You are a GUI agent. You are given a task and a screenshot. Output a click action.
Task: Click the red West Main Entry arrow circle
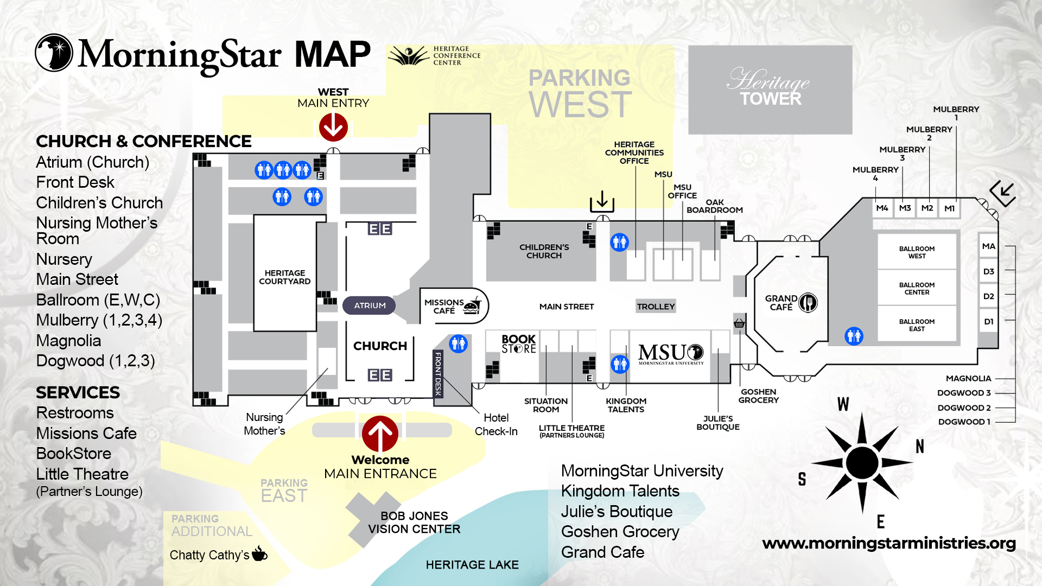point(333,127)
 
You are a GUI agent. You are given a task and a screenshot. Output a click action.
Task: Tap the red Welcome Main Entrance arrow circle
point(380,434)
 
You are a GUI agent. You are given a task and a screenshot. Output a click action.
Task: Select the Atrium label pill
point(370,305)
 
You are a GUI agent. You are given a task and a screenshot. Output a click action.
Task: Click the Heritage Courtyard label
point(284,277)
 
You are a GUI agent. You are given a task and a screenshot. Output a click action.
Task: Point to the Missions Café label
point(444,307)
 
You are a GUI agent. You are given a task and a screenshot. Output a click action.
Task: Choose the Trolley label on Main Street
point(656,307)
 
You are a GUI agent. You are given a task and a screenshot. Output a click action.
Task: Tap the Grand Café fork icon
point(808,302)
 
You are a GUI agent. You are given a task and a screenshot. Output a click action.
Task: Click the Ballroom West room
point(917,252)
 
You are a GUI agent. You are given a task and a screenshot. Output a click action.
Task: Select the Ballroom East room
point(917,325)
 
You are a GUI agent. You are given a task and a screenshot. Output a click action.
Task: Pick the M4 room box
point(882,208)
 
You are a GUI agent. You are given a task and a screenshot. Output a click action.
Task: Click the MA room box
point(989,246)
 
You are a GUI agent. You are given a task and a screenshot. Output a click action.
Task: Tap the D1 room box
point(989,322)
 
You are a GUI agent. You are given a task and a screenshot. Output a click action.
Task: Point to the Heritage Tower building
point(770,90)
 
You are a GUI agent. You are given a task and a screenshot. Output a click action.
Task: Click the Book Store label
point(518,344)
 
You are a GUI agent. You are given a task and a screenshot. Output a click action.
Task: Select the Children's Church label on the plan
point(544,251)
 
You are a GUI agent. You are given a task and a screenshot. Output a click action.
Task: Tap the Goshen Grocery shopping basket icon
point(739,324)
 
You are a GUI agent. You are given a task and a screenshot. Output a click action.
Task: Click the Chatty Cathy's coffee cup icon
point(259,553)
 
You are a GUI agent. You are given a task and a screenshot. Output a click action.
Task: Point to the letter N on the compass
point(919,447)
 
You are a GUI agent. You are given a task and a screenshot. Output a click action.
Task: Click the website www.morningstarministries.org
point(888,544)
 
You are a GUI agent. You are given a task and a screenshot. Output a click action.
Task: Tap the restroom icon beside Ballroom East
point(854,336)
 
